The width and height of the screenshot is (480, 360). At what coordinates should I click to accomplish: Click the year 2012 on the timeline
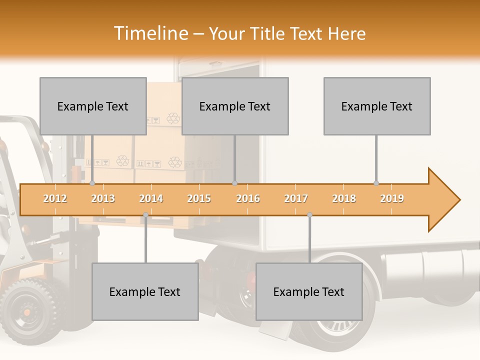pos(55,198)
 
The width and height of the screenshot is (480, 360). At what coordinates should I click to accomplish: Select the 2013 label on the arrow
pos(103,198)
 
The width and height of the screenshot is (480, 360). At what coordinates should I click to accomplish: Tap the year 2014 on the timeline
pos(151,198)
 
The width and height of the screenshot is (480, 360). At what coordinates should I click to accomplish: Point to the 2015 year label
pos(199,198)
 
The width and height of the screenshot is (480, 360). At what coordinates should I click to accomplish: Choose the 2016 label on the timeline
pos(248,198)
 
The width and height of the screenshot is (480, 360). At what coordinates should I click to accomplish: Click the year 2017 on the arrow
pos(296,198)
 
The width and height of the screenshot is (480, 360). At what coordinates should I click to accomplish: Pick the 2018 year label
pos(344,198)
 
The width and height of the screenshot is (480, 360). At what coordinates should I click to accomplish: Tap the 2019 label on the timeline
pos(392,198)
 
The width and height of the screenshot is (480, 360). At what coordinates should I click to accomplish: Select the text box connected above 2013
pos(93,106)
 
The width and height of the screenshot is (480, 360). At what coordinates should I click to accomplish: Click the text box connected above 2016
pos(235,106)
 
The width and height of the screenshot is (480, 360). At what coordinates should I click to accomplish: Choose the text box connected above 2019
pos(377,106)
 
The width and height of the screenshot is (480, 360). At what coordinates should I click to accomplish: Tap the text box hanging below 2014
pos(145,291)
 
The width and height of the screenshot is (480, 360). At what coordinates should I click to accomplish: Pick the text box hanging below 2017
pos(309,291)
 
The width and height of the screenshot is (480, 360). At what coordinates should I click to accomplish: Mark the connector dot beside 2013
pos(92,183)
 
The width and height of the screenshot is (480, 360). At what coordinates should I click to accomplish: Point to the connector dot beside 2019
pos(376,183)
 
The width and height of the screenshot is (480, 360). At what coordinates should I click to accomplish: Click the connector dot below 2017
pos(309,215)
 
